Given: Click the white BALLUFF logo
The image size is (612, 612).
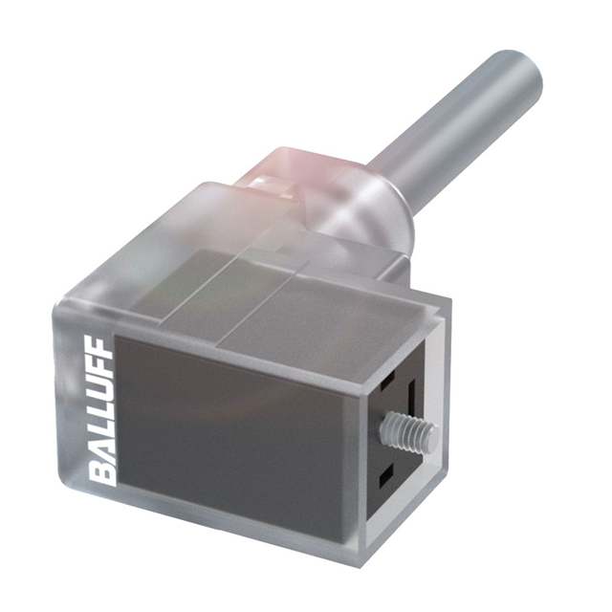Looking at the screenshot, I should (102, 413).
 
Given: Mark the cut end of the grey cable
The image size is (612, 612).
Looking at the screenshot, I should (521, 72).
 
